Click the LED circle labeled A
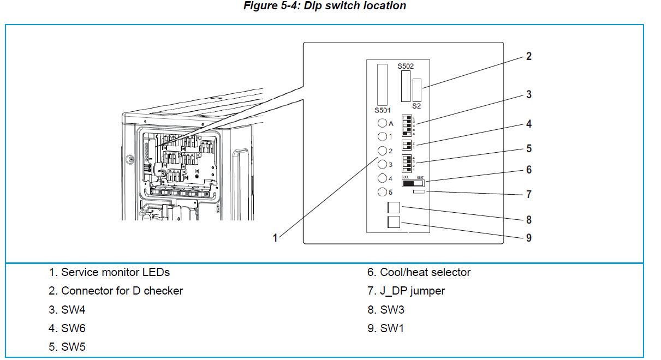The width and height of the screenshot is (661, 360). point(382,123)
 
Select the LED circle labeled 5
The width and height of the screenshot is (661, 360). point(382,192)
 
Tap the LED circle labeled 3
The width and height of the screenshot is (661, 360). point(382,164)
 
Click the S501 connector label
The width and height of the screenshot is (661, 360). point(383,110)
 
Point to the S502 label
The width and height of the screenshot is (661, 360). point(406,66)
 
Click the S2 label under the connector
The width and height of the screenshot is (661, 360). point(416,106)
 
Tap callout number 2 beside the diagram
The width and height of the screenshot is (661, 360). point(528,56)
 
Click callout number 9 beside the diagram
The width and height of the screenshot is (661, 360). point(528,238)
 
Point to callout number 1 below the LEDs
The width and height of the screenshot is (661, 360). point(276,238)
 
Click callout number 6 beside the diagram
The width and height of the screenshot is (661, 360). point(528,170)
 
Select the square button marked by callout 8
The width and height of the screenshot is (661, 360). point(394,208)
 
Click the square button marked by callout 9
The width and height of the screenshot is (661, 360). point(394,221)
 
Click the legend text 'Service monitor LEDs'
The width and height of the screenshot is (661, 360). point(115,272)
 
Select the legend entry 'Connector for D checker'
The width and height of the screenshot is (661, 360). point(122,291)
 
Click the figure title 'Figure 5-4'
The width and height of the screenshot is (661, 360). point(324,6)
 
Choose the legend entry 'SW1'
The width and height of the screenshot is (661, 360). point(392,328)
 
